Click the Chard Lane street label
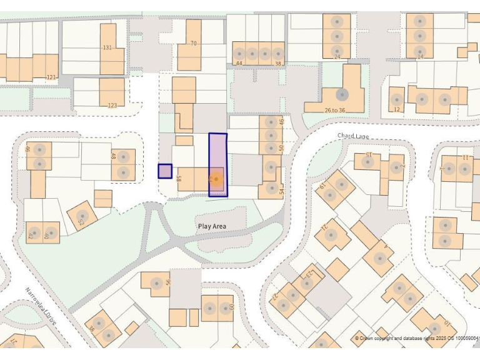pos(353,136)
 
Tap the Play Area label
pos(212,226)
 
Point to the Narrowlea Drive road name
pos(41,306)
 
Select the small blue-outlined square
pos(165,171)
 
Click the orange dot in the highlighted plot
pos(216,180)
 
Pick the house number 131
pos(107,47)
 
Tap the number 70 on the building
pos(193,43)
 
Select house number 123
pos(112,106)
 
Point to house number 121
pos(51,77)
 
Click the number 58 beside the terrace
pos(179,179)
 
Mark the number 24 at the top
pos(337,57)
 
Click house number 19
pos(323,186)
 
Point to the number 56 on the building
pos(167,282)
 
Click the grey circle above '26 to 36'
pos(342,95)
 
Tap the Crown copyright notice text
pos(416,338)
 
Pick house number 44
pos(239,63)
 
